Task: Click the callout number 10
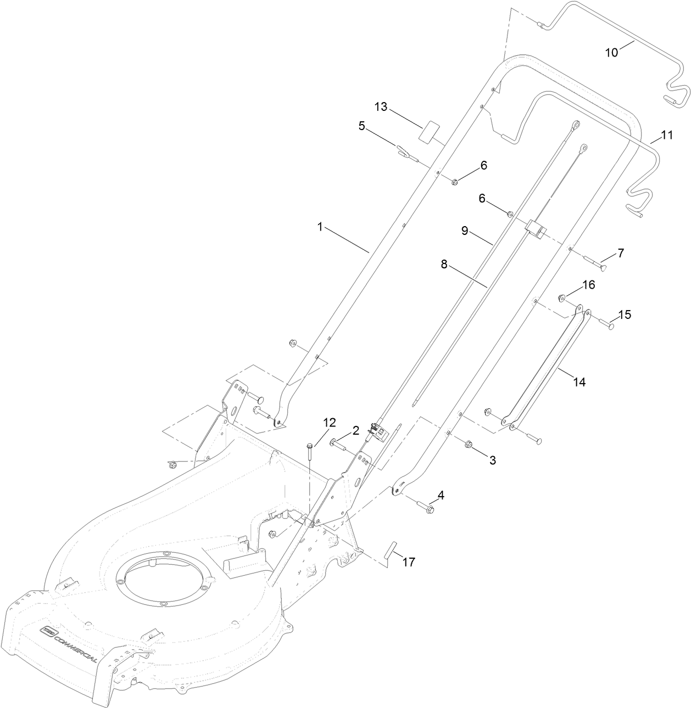point(611,52)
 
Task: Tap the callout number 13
point(381,106)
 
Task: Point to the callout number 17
point(408,561)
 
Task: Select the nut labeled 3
point(469,444)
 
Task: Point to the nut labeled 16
point(562,298)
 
